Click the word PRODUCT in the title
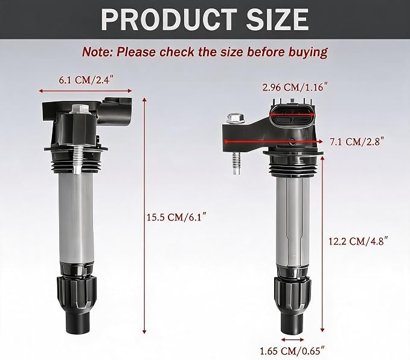point(168,19)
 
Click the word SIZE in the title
point(278,19)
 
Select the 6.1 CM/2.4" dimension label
point(87,80)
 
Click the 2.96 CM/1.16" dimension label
point(295,87)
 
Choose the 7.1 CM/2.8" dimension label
point(356,141)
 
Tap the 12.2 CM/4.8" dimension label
point(357,241)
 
